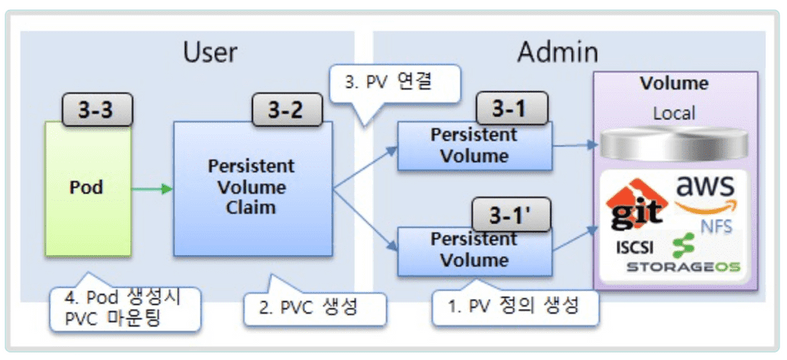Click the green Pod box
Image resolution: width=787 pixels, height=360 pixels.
pos(86,187)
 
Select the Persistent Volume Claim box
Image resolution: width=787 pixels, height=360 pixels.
pos(252,187)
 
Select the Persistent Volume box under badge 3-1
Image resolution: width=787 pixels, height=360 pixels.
pos(475,146)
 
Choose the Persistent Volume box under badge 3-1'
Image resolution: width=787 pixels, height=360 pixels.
pos(475,251)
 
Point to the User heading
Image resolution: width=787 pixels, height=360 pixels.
pos(210,52)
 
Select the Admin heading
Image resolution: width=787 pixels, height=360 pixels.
pos(557,52)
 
